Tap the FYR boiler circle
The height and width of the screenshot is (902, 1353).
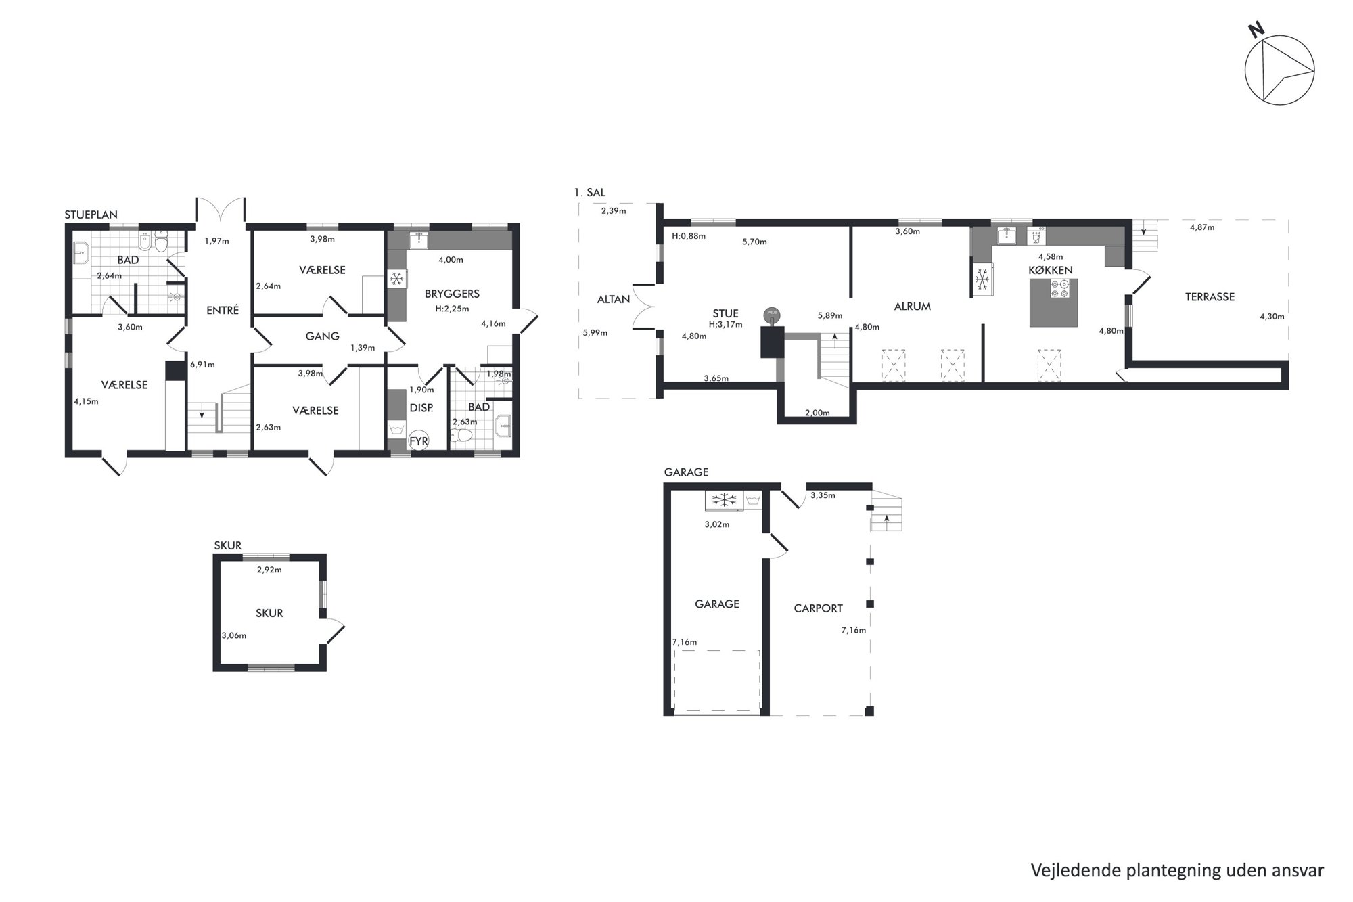(x=419, y=441)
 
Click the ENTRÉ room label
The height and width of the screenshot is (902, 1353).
(x=223, y=311)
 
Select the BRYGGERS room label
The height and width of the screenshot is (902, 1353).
(x=452, y=294)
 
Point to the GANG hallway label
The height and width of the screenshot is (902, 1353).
(x=322, y=336)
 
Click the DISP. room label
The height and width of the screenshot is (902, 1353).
(x=421, y=408)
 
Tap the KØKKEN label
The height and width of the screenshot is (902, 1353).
(x=1051, y=270)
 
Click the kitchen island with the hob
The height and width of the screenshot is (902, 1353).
(x=1053, y=302)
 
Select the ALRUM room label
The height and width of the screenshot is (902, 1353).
(x=913, y=307)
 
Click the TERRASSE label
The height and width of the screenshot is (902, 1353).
(x=1210, y=297)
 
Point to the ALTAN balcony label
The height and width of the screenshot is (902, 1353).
(x=614, y=299)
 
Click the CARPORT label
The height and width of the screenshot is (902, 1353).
(x=818, y=608)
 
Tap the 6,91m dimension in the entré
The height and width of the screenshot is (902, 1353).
(x=202, y=365)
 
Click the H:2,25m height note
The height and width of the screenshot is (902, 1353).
(x=452, y=309)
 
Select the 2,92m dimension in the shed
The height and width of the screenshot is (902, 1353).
(x=269, y=570)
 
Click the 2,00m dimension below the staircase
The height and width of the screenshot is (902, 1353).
(x=817, y=413)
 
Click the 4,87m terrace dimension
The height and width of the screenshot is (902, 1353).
(x=1202, y=227)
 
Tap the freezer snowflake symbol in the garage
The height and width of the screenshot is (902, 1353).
(x=725, y=501)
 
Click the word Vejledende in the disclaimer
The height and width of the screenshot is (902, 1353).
(x=1076, y=870)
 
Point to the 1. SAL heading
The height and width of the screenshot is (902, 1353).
(x=590, y=193)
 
